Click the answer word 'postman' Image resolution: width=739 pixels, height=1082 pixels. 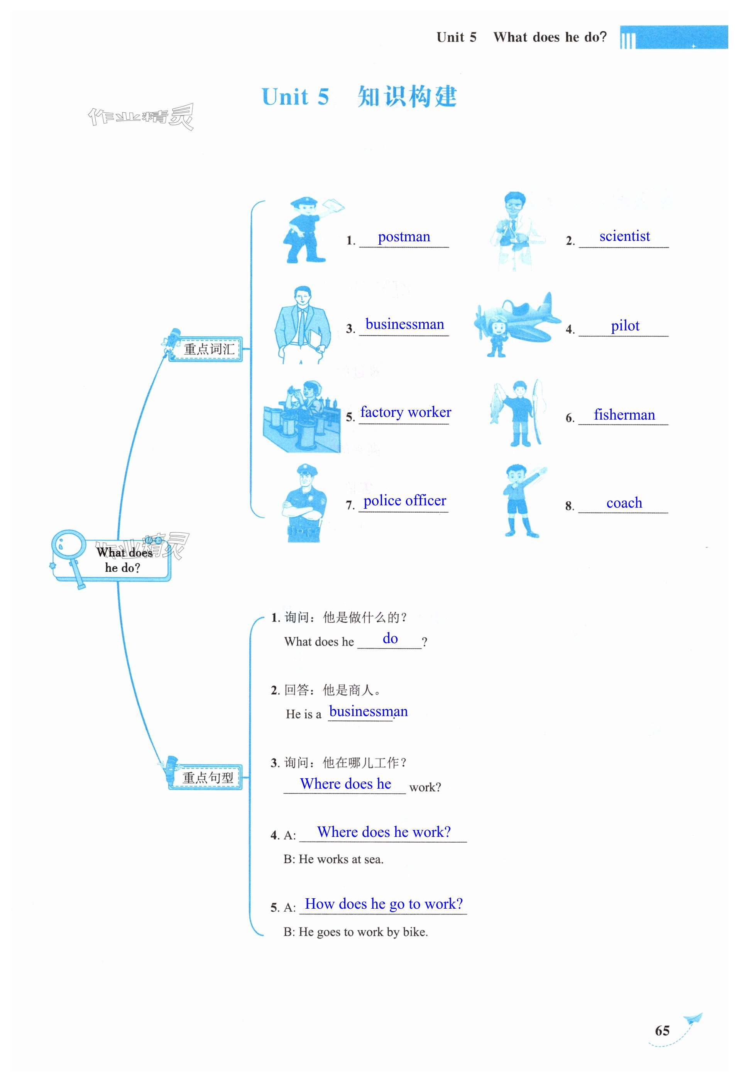pyautogui.click(x=404, y=237)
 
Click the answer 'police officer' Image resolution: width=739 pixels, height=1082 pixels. pyautogui.click(x=404, y=501)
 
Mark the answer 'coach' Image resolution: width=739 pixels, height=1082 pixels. pyautogui.click(x=624, y=503)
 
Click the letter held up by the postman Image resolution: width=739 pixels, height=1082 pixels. pyautogui.click(x=332, y=206)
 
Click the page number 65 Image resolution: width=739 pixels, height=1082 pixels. pyautogui.click(x=662, y=1030)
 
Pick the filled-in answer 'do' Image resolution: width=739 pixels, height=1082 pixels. pyautogui.click(x=390, y=638)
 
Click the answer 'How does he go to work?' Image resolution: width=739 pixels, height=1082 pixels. pyautogui.click(x=384, y=904)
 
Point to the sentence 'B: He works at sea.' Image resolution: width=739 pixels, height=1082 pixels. pyautogui.click(x=333, y=859)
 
